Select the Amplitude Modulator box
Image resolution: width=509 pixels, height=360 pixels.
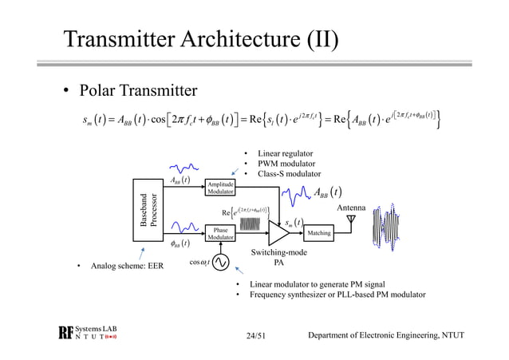220,188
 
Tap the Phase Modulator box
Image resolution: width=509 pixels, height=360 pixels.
220,234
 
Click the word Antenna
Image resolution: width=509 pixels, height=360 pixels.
351,208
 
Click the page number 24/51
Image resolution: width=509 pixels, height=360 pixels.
258,334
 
